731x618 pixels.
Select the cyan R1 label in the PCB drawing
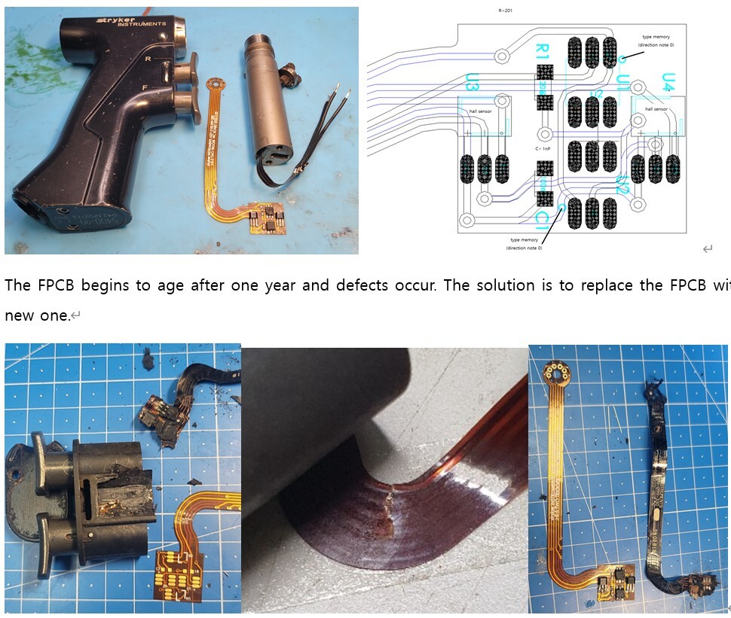coord(542,53)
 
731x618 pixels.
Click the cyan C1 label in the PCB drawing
coord(542,219)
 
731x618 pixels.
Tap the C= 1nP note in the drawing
coord(543,149)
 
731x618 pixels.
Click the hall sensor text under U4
coord(656,109)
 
